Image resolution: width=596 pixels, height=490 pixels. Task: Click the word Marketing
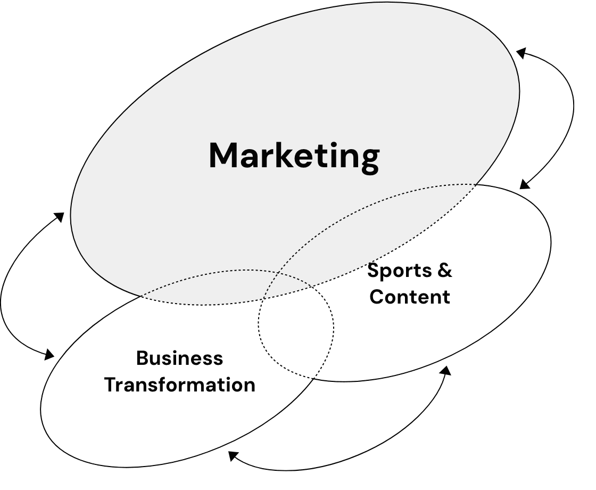[294, 156]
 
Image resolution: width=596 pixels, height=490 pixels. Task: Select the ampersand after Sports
[444, 271]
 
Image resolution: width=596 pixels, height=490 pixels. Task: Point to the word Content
[410, 297]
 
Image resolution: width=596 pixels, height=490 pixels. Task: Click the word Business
[179, 358]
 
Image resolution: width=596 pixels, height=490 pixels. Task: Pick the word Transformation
[179, 385]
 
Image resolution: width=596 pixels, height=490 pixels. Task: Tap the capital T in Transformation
[110, 385]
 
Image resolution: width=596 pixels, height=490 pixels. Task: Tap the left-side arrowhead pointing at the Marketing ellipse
[60, 217]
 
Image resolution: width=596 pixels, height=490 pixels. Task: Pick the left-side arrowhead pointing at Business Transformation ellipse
[49, 354]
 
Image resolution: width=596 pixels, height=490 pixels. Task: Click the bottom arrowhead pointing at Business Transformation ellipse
[233, 455]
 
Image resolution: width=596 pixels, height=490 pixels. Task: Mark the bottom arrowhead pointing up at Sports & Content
[446, 370]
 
